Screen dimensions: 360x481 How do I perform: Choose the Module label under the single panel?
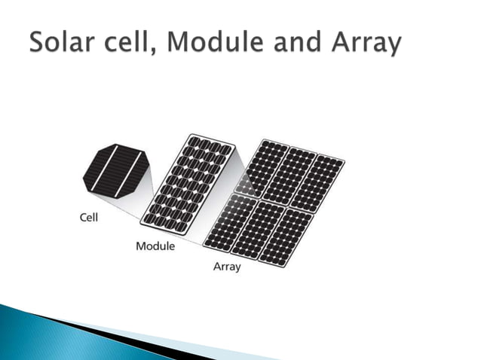tap(155, 246)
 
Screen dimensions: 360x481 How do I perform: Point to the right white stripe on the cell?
tap(126, 172)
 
